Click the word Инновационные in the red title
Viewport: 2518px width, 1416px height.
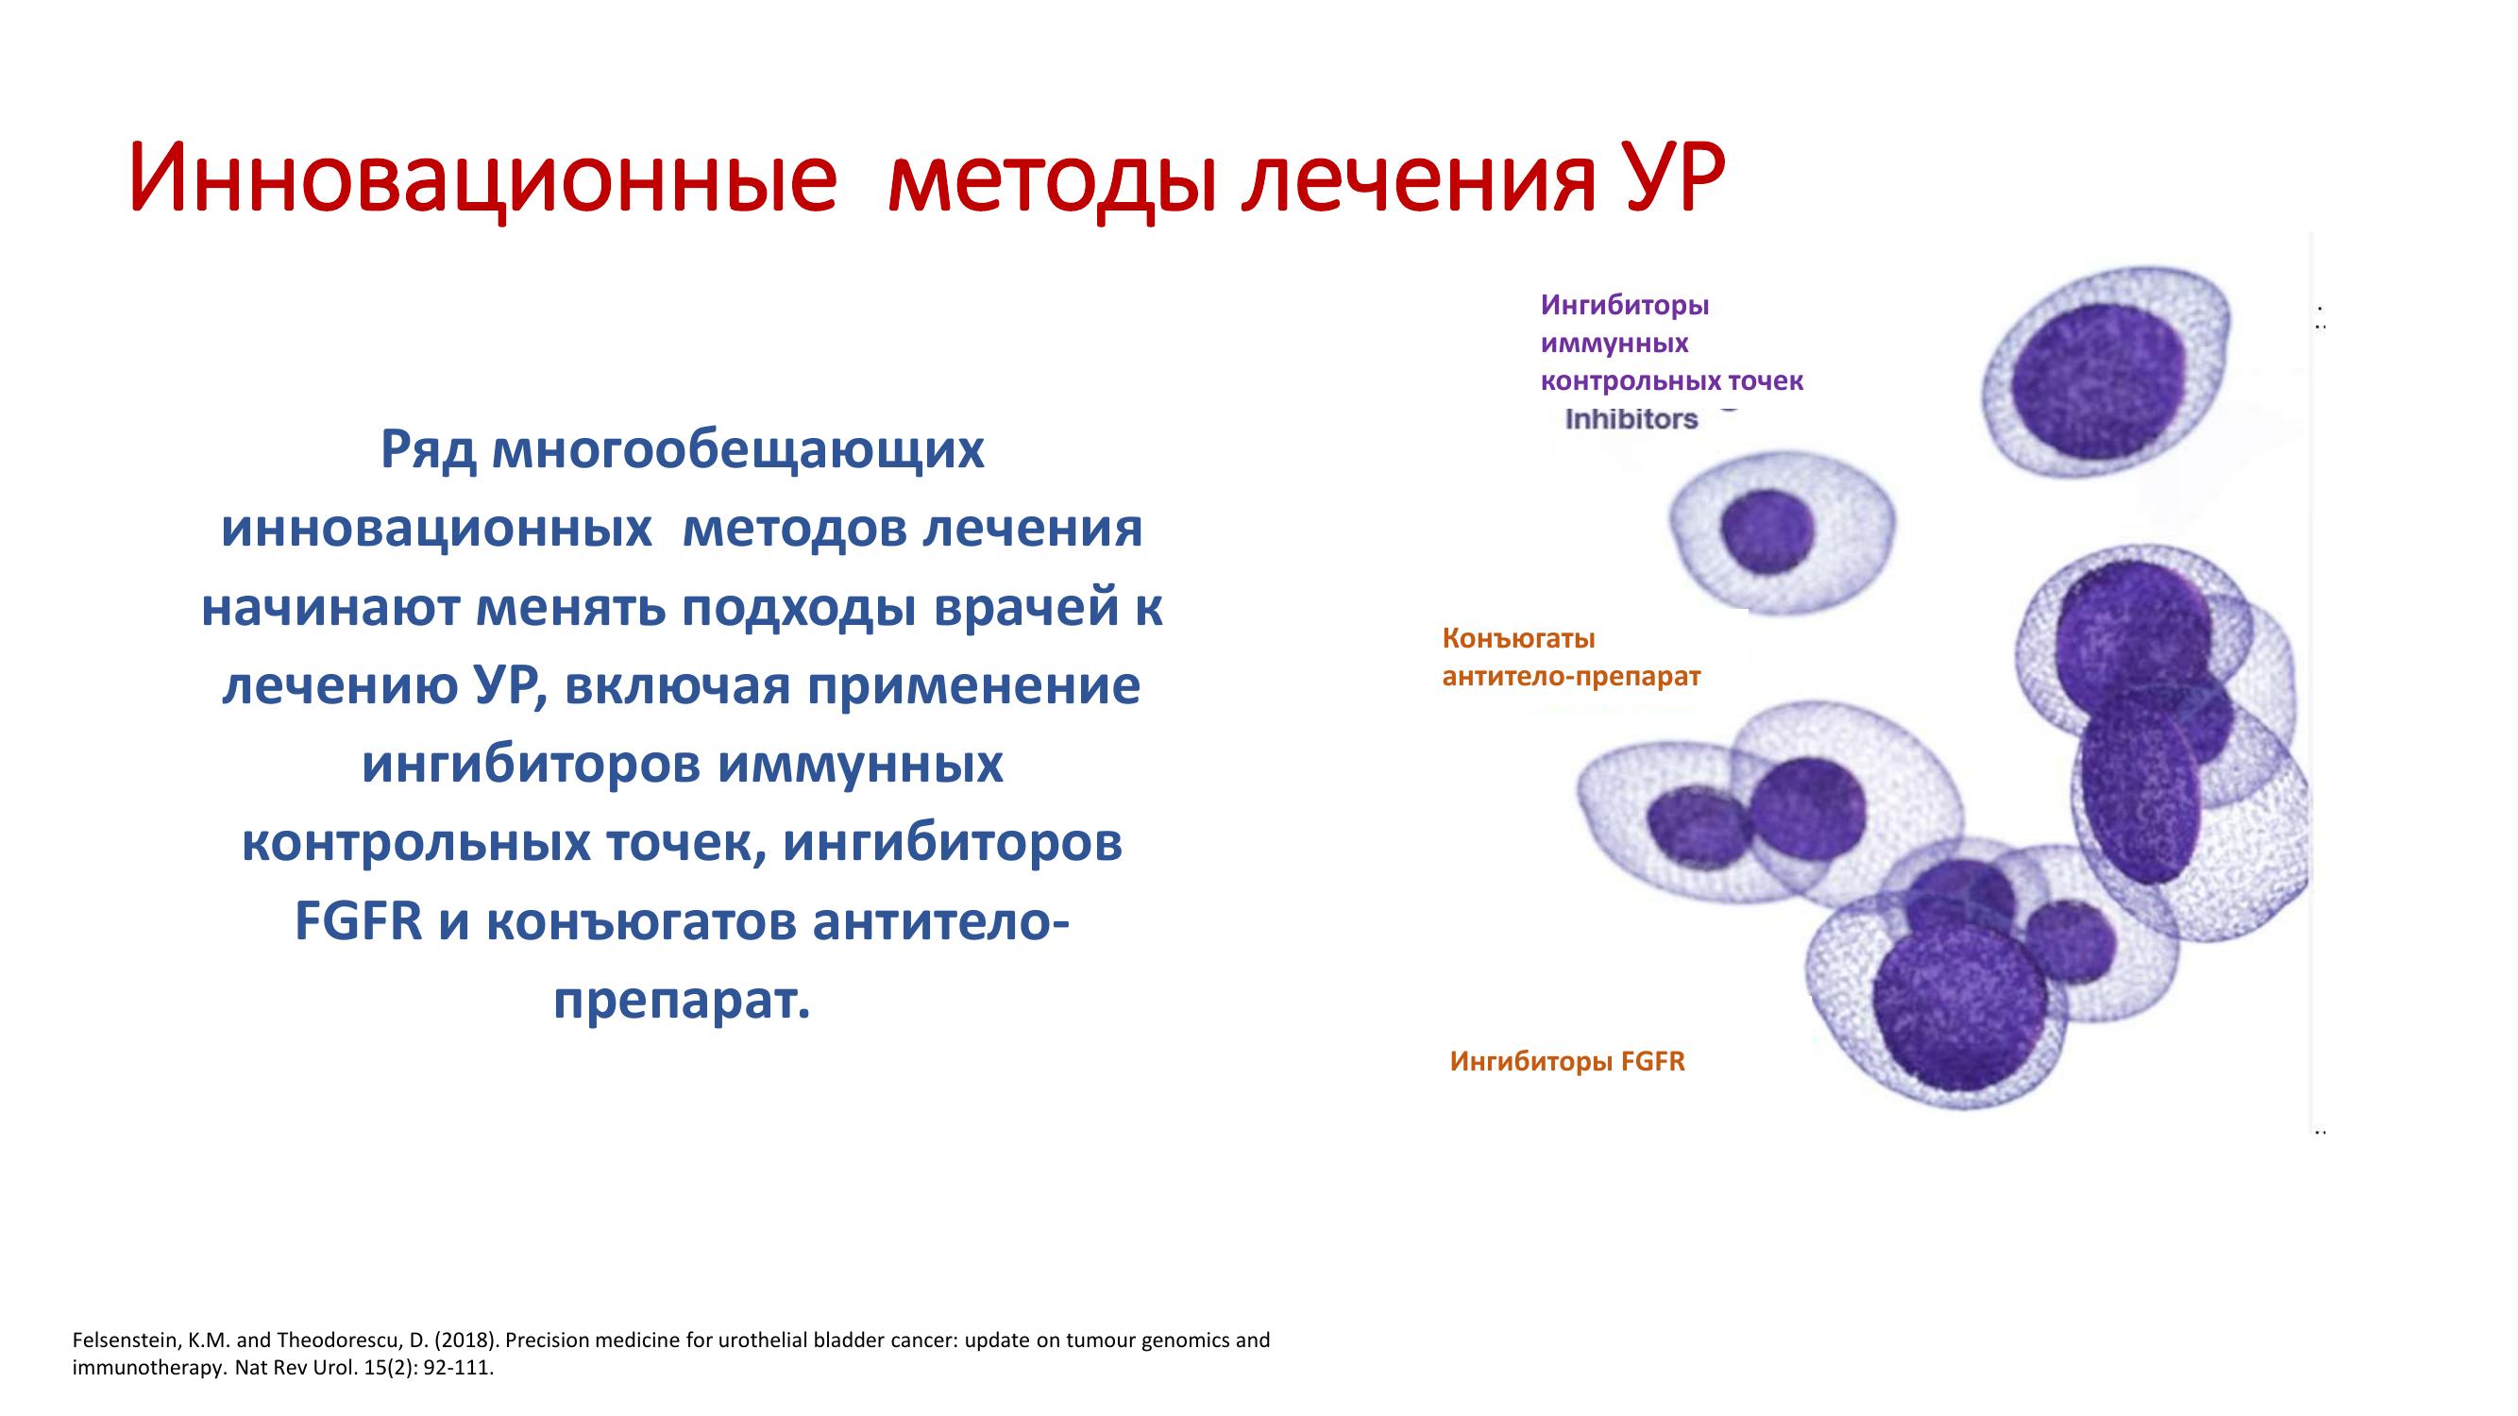coord(482,177)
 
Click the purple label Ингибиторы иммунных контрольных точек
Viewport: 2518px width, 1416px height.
coord(1671,343)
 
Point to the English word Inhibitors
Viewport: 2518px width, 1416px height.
coord(1631,419)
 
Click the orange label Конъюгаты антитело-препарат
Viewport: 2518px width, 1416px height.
coord(1572,657)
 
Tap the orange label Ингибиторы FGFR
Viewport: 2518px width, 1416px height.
coord(1568,1061)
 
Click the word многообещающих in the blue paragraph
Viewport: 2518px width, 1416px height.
coord(738,450)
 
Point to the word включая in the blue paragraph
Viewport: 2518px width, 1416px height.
coord(673,686)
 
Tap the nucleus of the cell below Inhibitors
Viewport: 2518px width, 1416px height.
coord(1767,533)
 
